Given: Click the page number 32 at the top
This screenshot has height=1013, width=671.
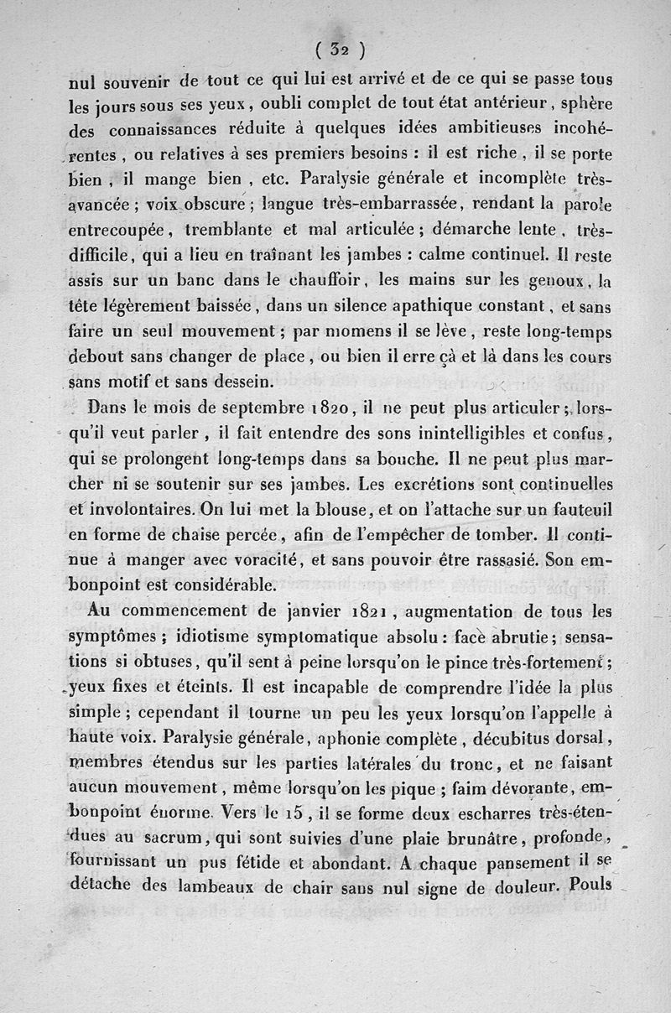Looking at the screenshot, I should tap(338, 49).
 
